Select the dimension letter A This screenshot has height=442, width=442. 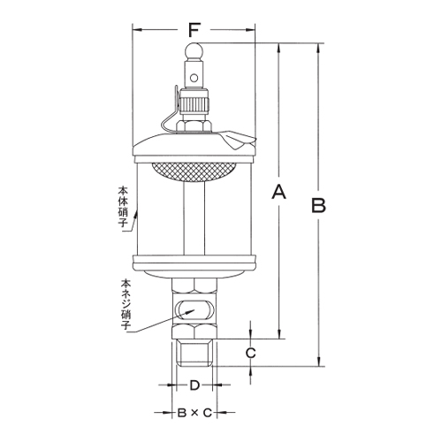[280, 192]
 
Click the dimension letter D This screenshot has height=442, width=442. [195, 386]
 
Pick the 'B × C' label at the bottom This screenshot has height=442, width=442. [194, 413]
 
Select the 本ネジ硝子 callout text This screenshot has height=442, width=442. [126, 303]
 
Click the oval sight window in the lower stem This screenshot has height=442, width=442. [194, 310]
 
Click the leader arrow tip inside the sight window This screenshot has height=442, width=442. [185, 312]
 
